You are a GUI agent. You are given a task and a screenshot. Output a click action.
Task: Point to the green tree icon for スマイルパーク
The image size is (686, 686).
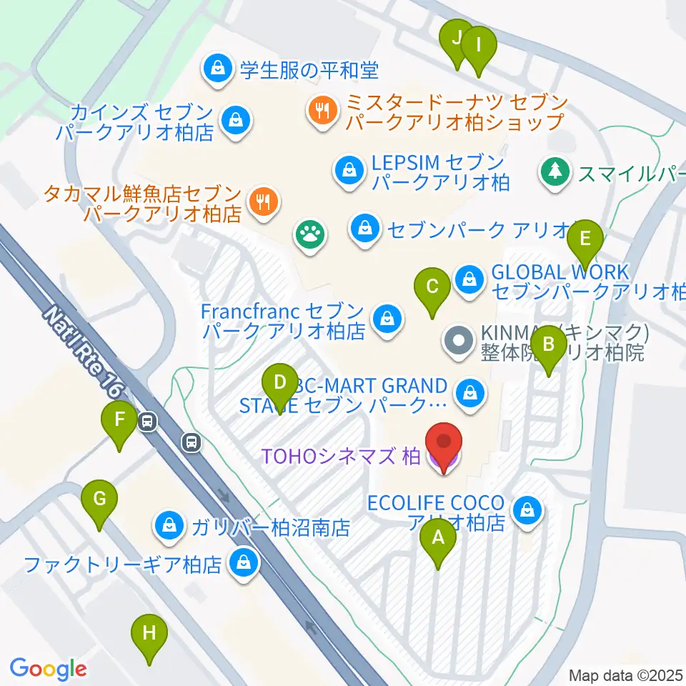pyautogui.click(x=555, y=171)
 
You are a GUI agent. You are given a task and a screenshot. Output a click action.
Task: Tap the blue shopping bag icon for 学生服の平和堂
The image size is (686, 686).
pyautogui.click(x=217, y=69)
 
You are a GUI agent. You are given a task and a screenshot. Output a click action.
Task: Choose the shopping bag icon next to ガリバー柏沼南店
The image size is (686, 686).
pyautogui.click(x=168, y=527)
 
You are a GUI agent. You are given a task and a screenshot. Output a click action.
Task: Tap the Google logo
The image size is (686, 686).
pyautogui.click(x=48, y=669)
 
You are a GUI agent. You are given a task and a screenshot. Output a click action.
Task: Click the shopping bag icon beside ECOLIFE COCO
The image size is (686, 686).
pyautogui.click(x=527, y=510)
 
